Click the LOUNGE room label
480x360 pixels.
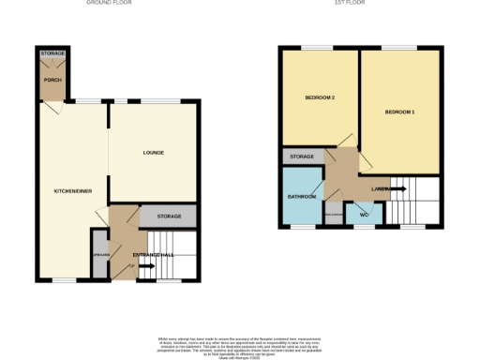pos(154,153)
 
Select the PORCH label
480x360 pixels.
pos(52,80)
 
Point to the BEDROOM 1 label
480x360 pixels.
pos(399,113)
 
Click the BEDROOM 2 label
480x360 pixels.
pos(320,98)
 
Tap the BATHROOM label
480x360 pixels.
pos(302,197)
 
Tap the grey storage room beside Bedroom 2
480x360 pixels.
pos(302,157)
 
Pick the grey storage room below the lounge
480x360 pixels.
pos(169,217)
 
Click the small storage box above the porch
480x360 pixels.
pos(52,53)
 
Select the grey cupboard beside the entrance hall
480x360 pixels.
pos(100,255)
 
